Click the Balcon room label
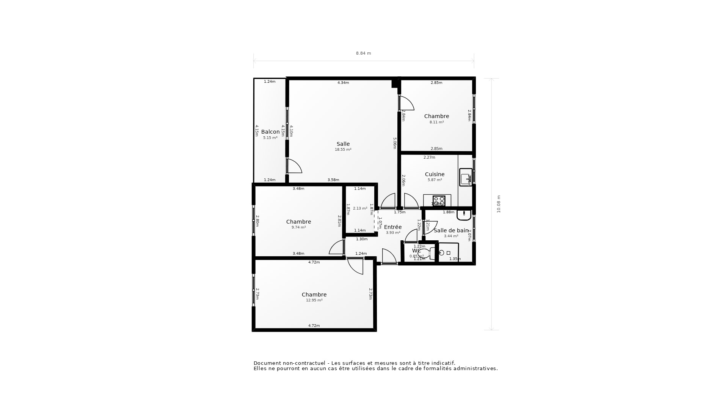(270, 132)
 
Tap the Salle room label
(343, 144)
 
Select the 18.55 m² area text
(343, 150)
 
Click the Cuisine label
(435, 174)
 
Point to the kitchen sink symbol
(466, 177)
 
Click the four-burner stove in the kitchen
(439, 200)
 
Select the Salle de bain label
(451, 230)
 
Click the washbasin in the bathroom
(464, 215)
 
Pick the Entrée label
(393, 227)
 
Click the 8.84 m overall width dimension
(363, 53)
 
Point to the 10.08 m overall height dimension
(499, 204)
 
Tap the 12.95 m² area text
(314, 300)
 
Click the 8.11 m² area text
(436, 122)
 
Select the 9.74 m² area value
(298, 227)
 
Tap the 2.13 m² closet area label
(360, 208)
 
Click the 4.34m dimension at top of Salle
(343, 83)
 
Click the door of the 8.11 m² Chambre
(406, 103)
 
